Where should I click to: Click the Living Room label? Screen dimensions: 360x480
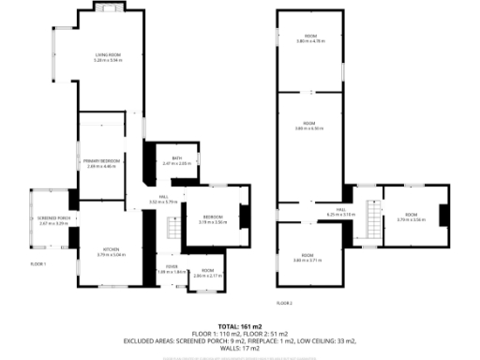point(110,57)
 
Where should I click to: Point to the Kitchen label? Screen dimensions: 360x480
point(111,250)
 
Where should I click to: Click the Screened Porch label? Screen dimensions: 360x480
point(54,221)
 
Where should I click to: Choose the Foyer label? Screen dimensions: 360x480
point(172,268)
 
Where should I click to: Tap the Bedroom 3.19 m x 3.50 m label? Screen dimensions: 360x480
point(214,220)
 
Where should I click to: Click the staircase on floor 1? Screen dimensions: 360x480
point(172,228)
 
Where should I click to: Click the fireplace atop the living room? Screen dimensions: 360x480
point(110,9)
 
